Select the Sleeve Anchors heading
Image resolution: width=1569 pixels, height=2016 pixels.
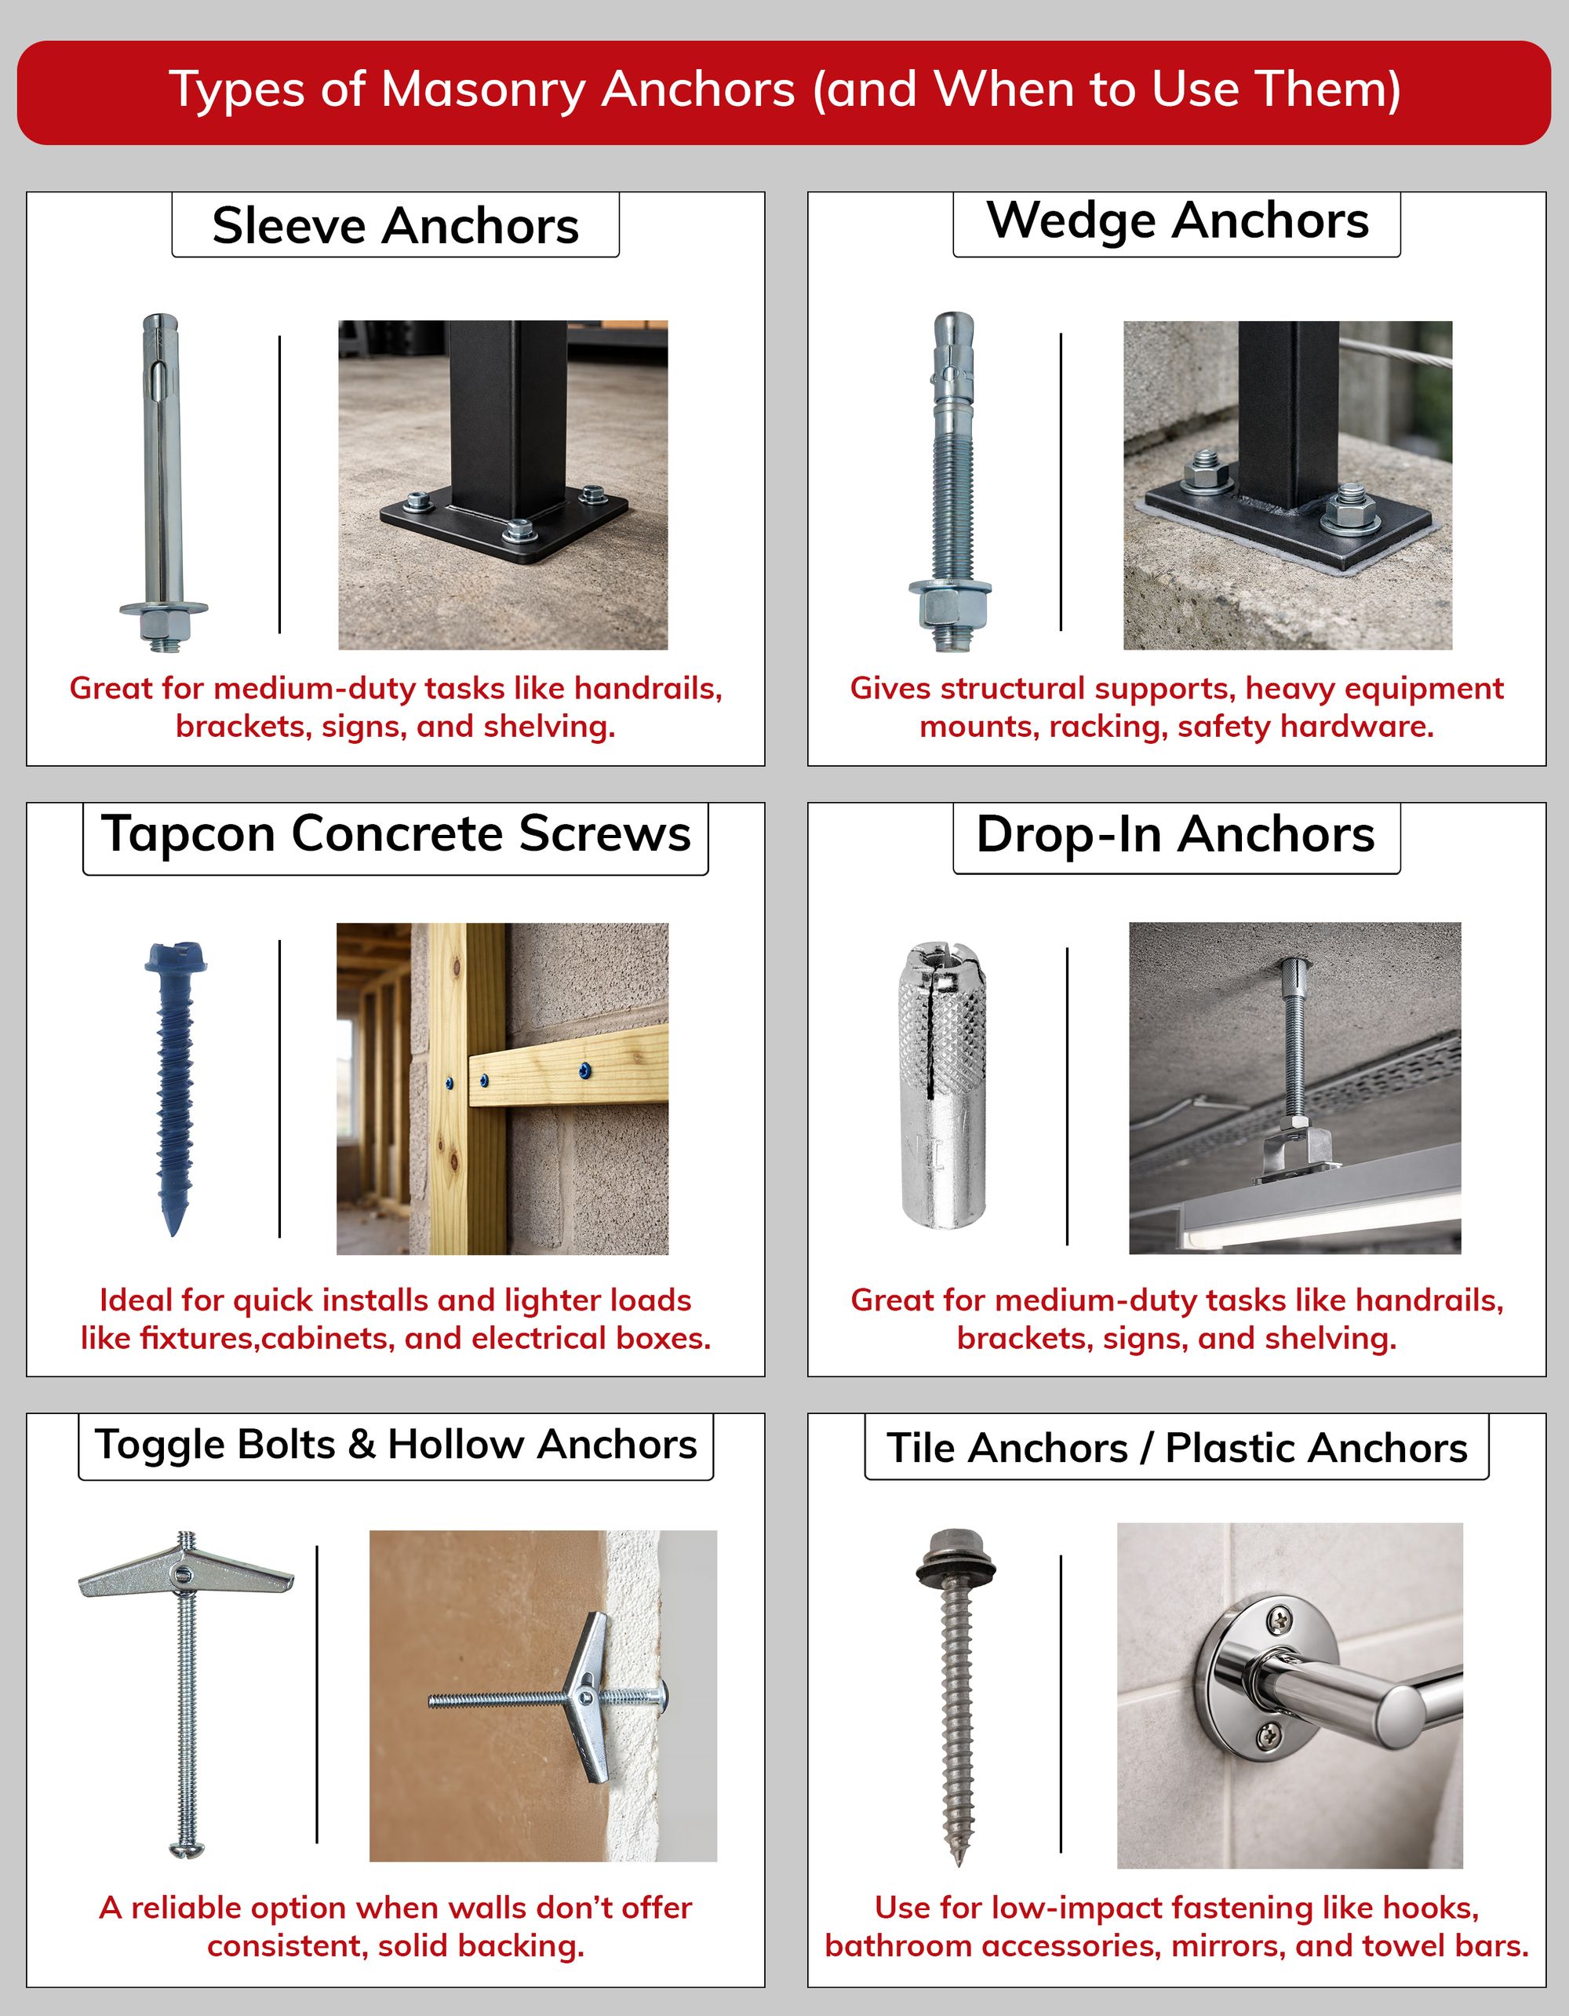tap(395, 225)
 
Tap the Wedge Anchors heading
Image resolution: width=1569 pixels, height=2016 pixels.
tap(1177, 221)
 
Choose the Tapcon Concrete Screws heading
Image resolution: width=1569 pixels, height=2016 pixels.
tap(395, 834)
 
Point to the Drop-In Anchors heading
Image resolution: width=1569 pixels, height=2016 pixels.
tap(1176, 834)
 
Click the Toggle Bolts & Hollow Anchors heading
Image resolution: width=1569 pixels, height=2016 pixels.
tap(395, 1445)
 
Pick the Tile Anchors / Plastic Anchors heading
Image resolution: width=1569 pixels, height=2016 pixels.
tap(1176, 1447)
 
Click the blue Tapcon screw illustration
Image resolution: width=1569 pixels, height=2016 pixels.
tap(173, 1080)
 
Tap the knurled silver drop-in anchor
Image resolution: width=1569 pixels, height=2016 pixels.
tap(943, 1085)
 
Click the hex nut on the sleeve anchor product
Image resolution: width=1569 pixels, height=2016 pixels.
tap(163, 627)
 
